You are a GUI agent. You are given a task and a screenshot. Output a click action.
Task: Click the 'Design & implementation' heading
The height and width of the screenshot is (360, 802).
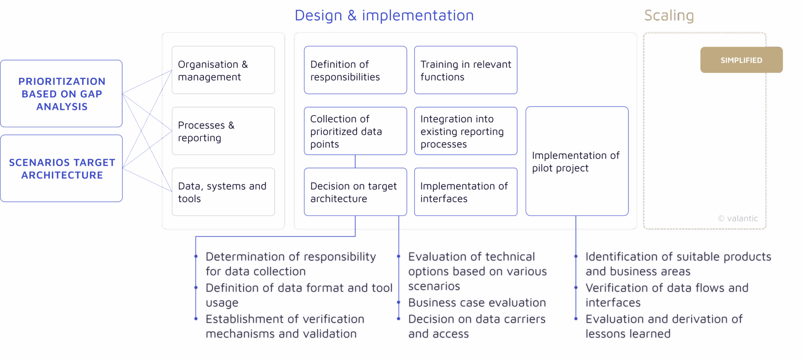point(384,16)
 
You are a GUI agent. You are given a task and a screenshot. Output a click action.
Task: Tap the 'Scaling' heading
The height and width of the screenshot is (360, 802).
point(669,16)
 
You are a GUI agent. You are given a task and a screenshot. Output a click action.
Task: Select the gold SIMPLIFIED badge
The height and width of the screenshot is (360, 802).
point(741,60)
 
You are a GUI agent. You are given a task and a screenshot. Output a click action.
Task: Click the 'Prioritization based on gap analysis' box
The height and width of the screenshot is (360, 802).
point(61,94)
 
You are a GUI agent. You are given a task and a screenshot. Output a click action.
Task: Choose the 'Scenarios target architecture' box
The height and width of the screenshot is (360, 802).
point(61,168)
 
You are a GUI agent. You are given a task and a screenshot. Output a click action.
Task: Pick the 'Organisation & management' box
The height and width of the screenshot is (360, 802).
point(223,70)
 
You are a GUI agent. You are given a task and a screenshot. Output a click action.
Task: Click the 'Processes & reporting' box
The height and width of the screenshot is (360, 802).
point(223,131)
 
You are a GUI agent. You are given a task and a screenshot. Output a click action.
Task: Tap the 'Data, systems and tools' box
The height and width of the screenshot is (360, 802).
point(223,192)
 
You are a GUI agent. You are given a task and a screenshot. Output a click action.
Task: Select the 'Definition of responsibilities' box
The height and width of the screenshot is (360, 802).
point(355,70)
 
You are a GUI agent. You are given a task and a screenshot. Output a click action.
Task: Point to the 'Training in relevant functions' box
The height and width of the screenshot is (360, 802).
point(465,70)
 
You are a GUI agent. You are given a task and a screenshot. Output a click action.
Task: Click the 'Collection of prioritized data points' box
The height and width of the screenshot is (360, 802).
point(355,131)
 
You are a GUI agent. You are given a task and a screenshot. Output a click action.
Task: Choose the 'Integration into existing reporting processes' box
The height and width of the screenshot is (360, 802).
point(465,131)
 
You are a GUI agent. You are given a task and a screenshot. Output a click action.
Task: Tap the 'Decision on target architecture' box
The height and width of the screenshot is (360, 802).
point(355,192)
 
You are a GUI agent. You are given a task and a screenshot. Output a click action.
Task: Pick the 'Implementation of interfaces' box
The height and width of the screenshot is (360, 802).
point(465,192)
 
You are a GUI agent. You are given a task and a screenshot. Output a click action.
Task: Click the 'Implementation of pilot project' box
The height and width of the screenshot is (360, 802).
point(577,161)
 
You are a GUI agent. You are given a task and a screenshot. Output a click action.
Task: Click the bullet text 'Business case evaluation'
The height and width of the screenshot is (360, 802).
point(477,303)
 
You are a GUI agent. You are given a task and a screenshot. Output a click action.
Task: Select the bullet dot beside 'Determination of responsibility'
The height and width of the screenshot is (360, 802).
point(196,256)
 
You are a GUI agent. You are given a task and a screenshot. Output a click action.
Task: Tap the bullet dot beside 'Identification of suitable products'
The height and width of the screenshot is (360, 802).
point(576,256)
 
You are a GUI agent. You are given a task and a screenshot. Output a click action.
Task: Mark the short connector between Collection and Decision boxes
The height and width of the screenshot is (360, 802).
point(355,161)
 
